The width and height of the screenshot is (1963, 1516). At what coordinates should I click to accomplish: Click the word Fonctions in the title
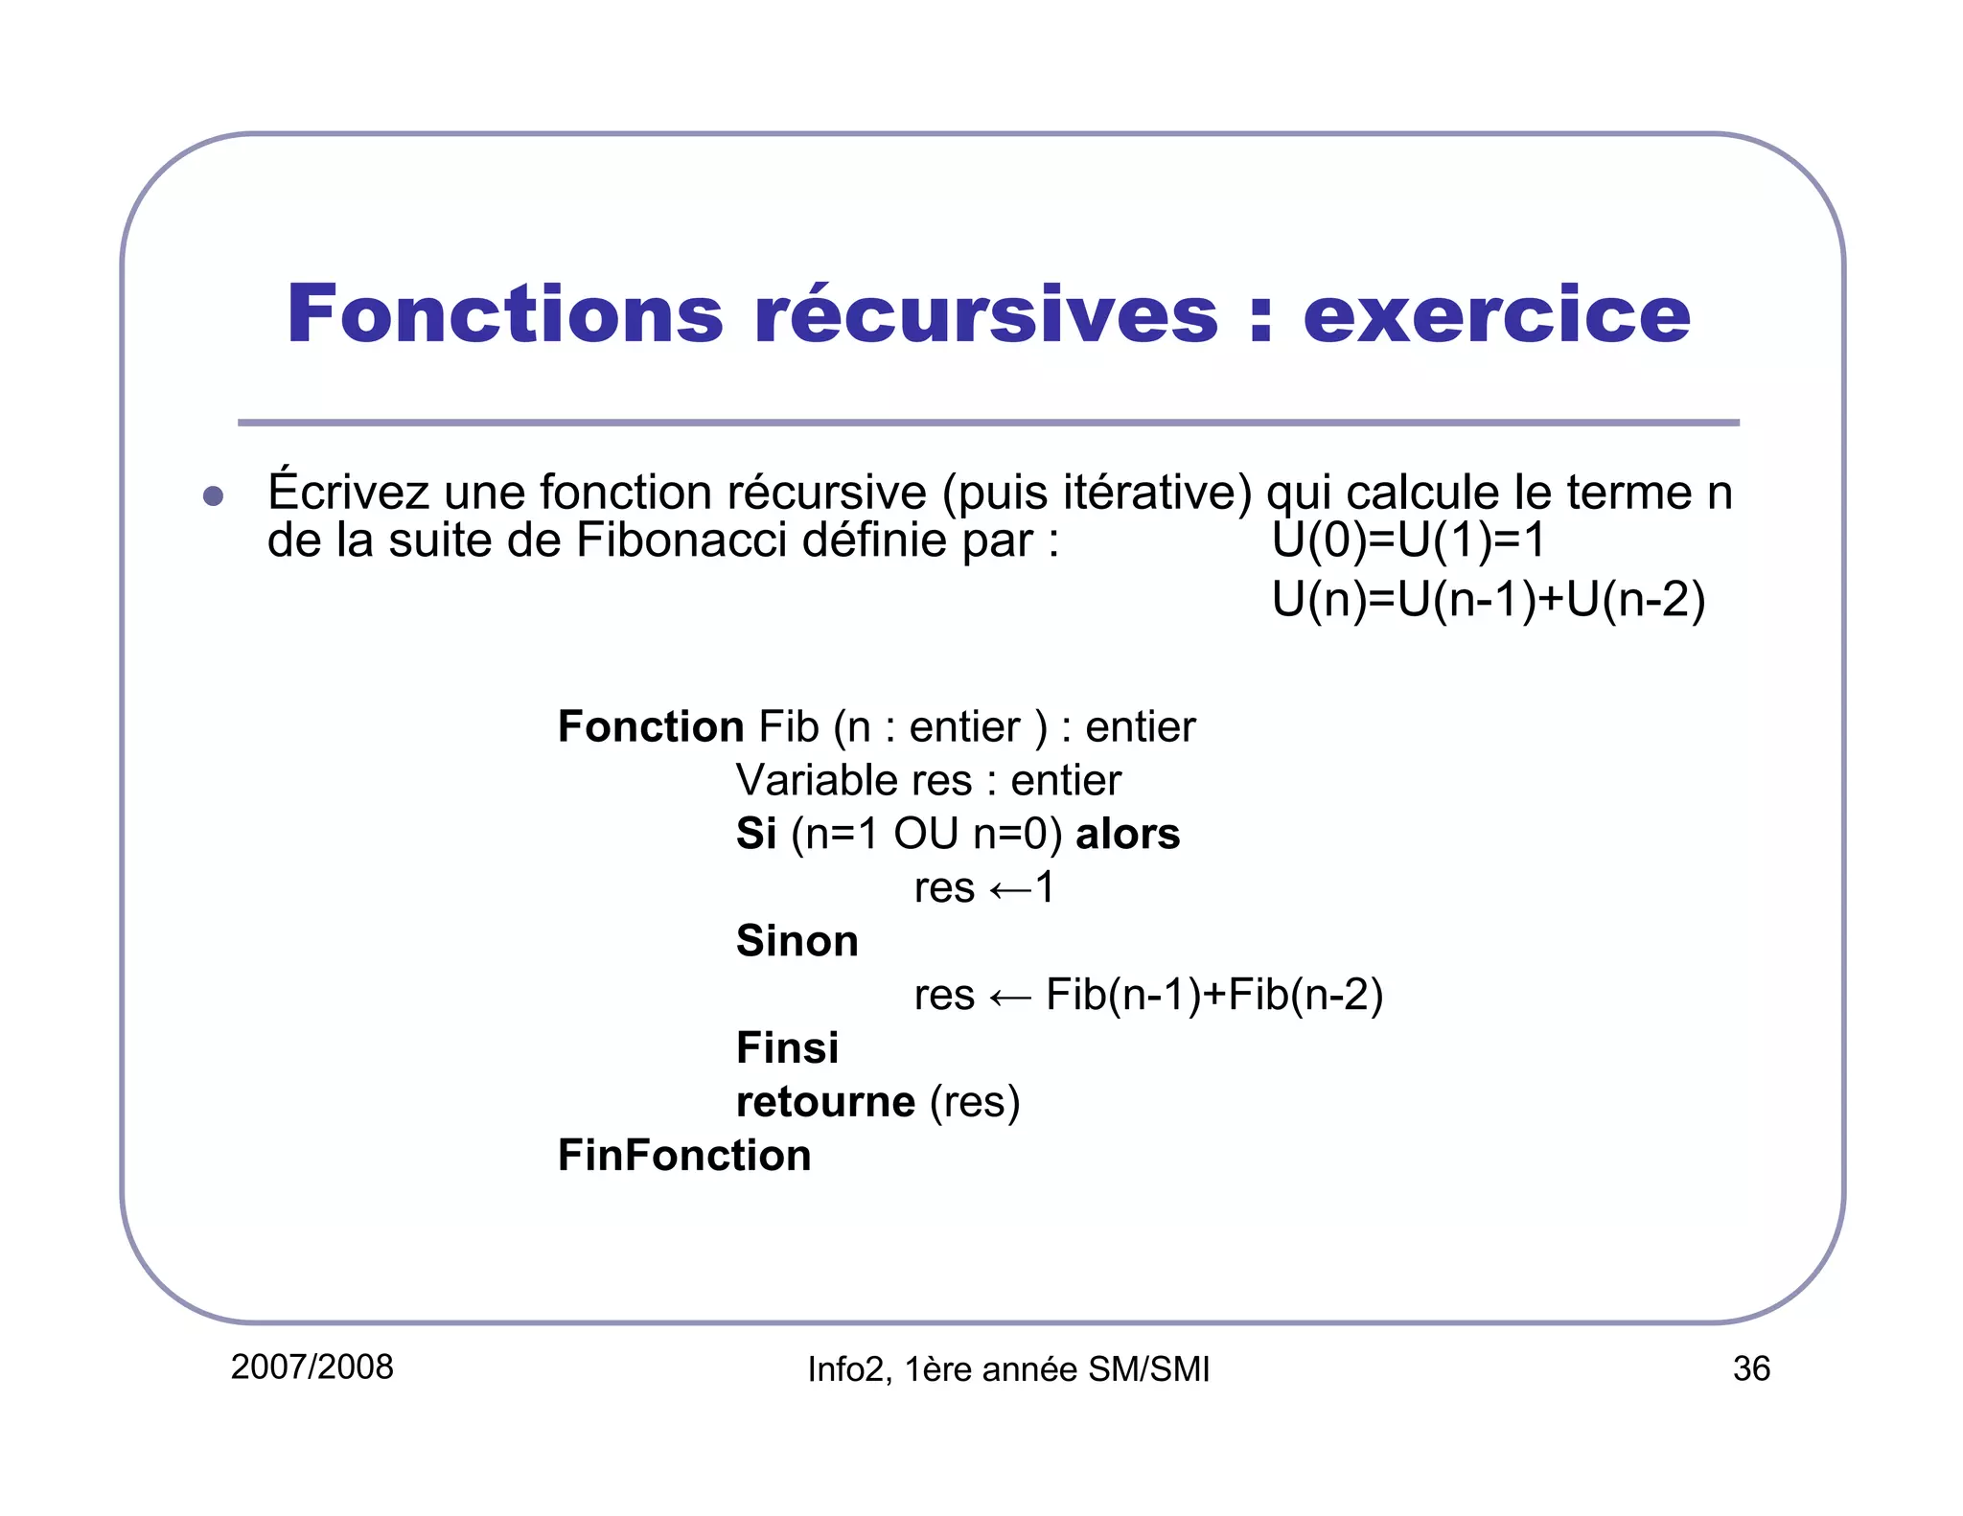505,313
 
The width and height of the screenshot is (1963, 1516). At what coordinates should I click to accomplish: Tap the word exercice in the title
1496,313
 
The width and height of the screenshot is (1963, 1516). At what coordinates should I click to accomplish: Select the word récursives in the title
986,313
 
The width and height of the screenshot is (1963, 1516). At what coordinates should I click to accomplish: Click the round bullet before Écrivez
213,495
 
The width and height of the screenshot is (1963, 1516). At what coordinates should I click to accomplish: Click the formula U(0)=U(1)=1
1408,540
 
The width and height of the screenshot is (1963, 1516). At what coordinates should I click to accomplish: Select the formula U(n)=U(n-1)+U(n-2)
1488,601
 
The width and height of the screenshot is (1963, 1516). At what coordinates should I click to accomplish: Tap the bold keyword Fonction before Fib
650,727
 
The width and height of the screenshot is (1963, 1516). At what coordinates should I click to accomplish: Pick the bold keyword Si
755,834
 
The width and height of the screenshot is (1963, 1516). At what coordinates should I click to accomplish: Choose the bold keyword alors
1127,834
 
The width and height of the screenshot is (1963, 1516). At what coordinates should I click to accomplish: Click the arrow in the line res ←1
1009,890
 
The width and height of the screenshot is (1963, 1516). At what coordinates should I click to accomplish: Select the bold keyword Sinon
797,941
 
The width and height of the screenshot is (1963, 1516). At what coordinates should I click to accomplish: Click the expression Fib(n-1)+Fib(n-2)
1213,995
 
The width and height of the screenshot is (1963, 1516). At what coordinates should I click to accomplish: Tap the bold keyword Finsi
787,1048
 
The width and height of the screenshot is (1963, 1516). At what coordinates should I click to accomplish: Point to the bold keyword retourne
825,1102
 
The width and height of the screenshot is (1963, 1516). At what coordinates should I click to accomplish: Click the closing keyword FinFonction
684,1156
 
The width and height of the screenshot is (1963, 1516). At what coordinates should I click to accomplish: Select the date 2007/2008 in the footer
312,1367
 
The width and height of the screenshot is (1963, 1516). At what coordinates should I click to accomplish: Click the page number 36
1750,1369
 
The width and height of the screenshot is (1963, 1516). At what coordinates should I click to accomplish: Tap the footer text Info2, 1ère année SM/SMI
1008,1370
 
